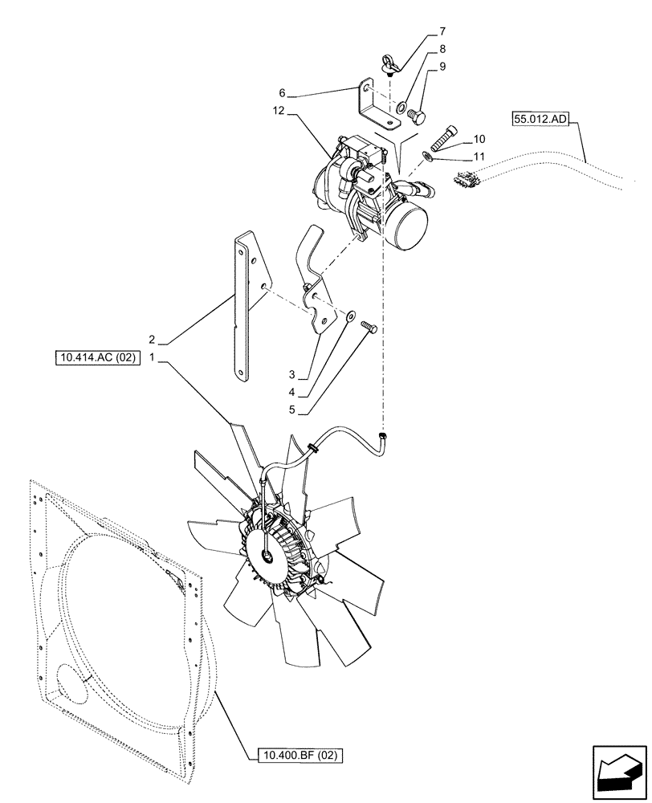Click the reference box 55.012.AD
(539, 120)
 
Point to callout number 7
(442, 33)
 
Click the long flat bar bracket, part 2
(245, 305)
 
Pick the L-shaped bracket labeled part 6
(375, 104)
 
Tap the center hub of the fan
(267, 553)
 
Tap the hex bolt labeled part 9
(416, 116)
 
